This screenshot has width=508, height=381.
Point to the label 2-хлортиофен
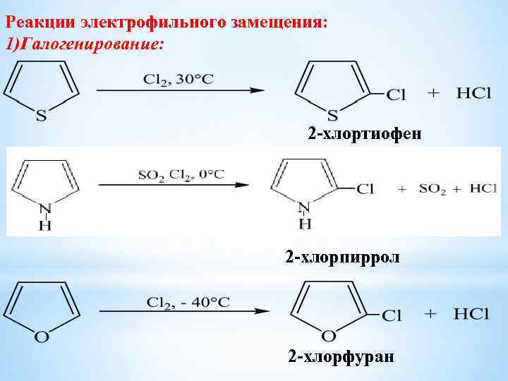point(364,133)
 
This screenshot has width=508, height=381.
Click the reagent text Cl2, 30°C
point(179,78)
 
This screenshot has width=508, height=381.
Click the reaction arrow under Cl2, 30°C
point(180,91)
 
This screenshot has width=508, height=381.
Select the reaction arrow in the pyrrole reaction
point(174,186)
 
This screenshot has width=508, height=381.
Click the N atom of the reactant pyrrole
point(45,208)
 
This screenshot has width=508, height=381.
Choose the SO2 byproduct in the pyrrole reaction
point(433,188)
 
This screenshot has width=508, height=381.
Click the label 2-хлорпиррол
point(342,257)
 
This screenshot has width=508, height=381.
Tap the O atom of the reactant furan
point(42,337)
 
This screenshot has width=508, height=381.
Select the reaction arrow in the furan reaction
point(183,312)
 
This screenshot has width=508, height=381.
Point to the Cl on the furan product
point(392,315)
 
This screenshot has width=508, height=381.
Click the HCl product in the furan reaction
point(471,314)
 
